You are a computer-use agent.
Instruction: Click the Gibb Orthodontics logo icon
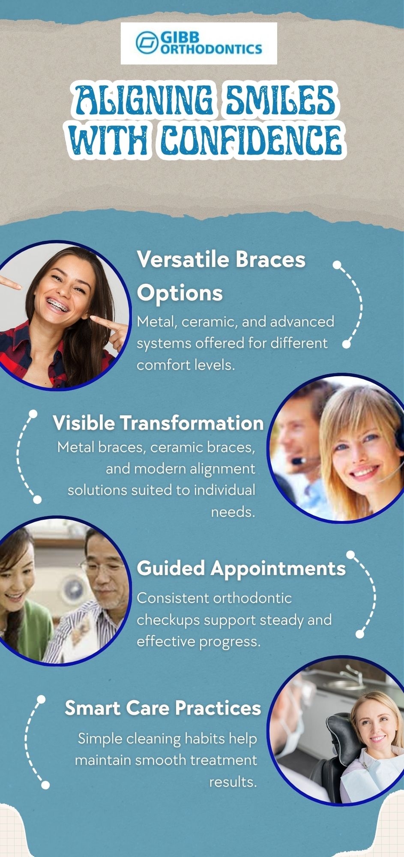click(147, 43)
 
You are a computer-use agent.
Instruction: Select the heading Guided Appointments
click(241, 568)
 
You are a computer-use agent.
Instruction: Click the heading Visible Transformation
click(158, 423)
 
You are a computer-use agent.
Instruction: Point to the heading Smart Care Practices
click(163, 708)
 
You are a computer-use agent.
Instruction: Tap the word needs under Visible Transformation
click(233, 512)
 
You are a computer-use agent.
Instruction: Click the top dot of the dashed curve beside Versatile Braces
click(337, 265)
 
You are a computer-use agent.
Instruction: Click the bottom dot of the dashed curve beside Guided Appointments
click(360, 633)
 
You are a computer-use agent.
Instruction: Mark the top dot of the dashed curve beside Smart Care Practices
click(41, 699)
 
